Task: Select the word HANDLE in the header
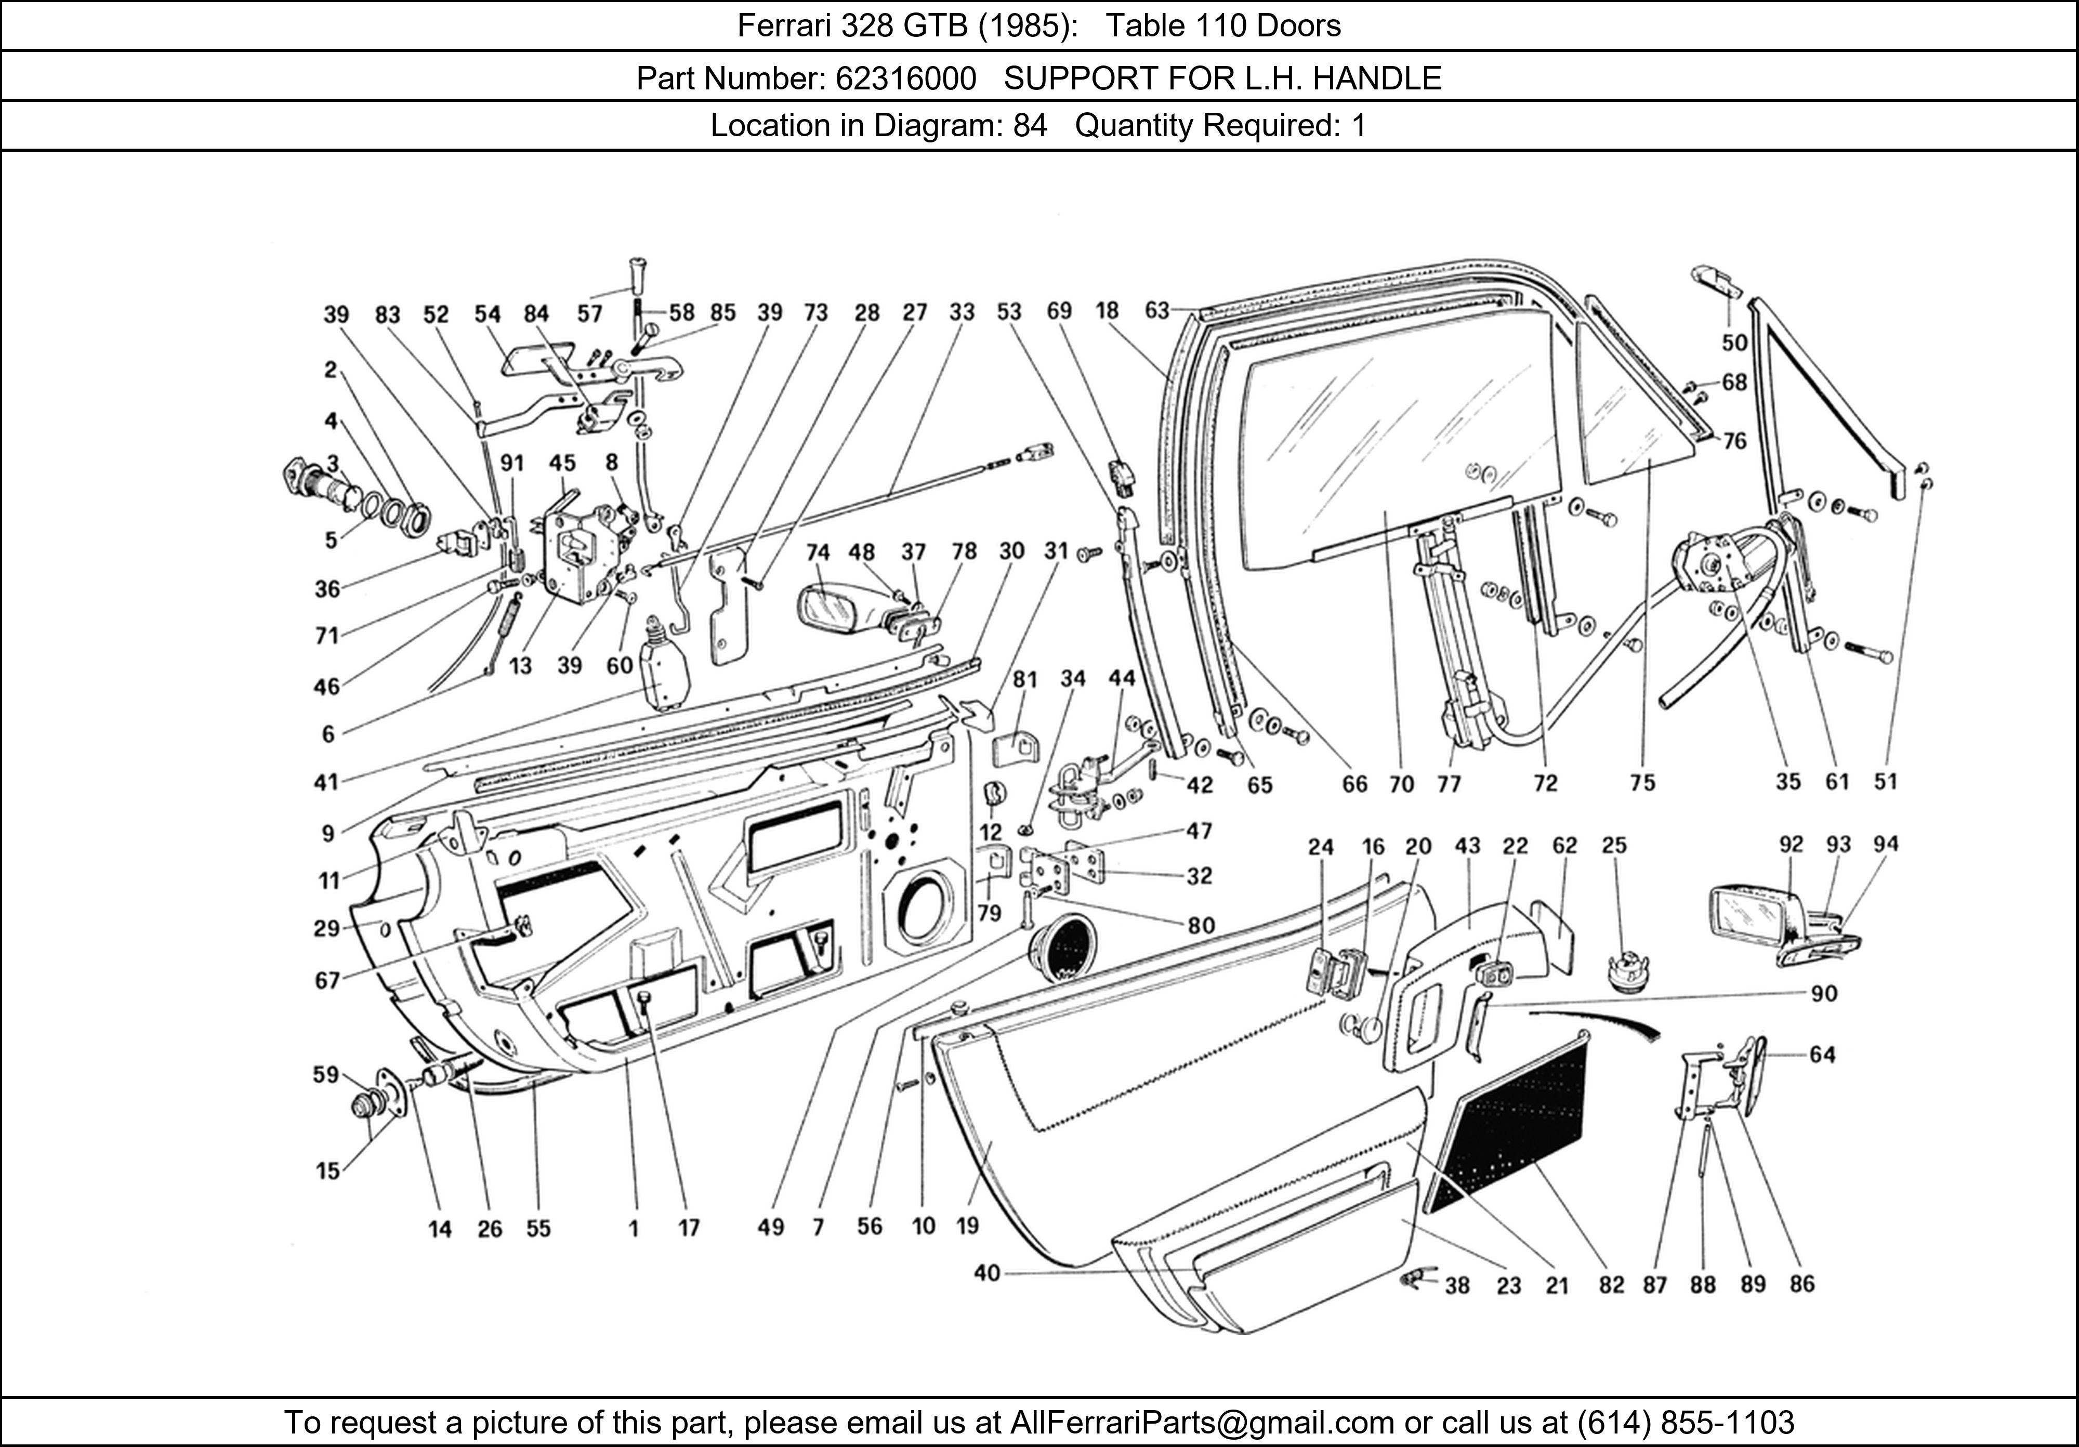(1376, 79)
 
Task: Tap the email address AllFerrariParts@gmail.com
(1202, 1423)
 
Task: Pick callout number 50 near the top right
(1734, 343)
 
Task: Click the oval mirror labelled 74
(831, 606)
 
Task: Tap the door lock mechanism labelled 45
(580, 553)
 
